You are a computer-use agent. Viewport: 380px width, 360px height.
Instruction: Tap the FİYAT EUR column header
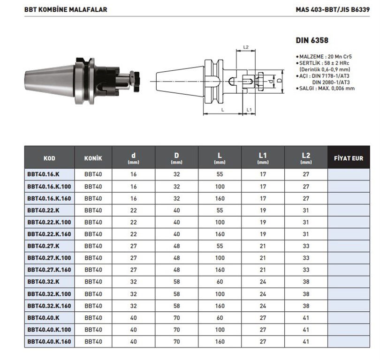tap(348, 158)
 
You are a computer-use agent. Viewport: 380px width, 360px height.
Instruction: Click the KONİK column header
tap(93, 158)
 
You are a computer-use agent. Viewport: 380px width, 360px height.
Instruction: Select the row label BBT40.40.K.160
tap(49, 342)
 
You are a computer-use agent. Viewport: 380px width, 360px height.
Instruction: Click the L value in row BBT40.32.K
tap(220, 282)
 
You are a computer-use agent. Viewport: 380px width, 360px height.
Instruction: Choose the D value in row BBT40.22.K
tap(176, 210)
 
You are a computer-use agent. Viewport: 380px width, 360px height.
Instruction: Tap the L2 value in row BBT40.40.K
tap(306, 318)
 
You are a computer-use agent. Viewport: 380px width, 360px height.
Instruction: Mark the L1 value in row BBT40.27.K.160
tap(263, 270)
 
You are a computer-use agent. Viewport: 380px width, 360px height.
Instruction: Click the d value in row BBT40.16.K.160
tap(134, 198)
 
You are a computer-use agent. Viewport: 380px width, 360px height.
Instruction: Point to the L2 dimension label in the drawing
tap(245, 48)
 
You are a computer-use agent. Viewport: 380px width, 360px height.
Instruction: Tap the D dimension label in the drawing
tap(279, 81)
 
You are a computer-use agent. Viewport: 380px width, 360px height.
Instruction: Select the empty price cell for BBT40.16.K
tap(348, 174)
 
